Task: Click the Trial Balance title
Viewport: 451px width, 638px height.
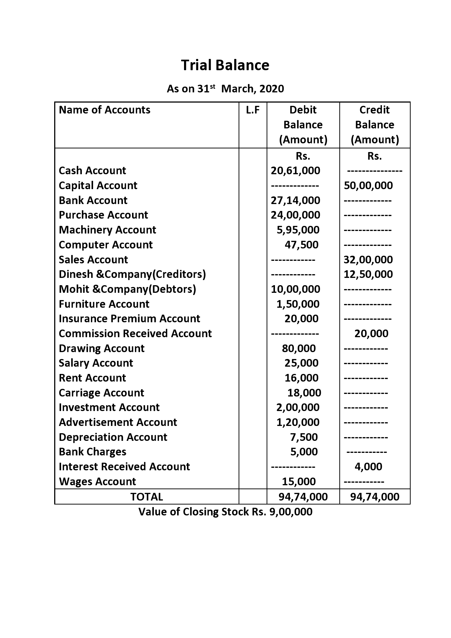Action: (x=225, y=65)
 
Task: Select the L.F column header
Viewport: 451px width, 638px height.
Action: (x=252, y=110)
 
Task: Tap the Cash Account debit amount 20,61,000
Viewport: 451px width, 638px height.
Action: (x=295, y=171)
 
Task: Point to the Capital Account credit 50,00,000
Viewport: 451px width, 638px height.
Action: (x=368, y=186)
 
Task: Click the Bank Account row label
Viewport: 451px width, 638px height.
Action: (x=93, y=200)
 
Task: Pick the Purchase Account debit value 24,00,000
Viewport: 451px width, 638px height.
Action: (x=295, y=215)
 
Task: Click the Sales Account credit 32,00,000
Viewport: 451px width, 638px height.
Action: (x=368, y=260)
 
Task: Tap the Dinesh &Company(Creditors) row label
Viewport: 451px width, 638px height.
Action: (x=132, y=274)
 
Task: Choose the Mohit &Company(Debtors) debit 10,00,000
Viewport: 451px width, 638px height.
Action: (x=295, y=289)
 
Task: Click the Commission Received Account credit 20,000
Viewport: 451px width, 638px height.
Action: (x=371, y=334)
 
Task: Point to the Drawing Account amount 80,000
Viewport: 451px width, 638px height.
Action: (x=299, y=348)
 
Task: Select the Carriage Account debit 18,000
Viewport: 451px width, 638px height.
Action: (x=304, y=393)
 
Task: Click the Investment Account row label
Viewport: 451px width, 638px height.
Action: (x=109, y=407)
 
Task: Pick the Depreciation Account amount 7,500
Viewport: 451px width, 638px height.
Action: (x=304, y=437)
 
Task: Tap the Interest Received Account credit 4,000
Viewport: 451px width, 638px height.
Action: (x=368, y=467)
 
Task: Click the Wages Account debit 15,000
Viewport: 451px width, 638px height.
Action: (x=299, y=482)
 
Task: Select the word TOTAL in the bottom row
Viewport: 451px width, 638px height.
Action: (x=147, y=497)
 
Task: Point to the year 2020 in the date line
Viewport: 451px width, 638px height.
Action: (x=271, y=89)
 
